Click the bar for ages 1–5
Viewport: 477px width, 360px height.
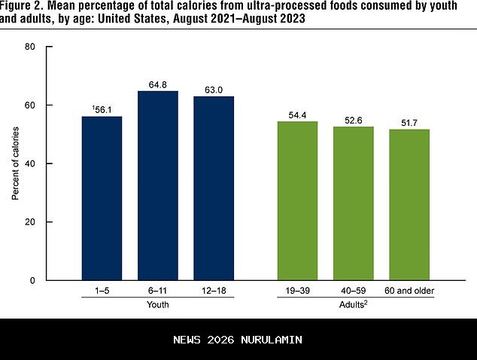[102, 198]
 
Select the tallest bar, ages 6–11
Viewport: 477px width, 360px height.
[157, 185]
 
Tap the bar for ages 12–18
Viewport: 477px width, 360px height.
[214, 188]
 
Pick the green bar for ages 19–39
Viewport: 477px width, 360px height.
[298, 201]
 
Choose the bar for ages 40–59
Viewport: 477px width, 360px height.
[354, 203]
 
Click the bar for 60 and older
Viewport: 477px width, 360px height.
[409, 205]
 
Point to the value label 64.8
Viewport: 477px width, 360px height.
[158, 84]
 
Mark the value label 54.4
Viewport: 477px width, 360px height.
[299, 114]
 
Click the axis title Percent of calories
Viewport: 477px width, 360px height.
[15, 163]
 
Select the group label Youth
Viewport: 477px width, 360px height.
[157, 305]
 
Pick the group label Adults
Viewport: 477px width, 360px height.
[354, 305]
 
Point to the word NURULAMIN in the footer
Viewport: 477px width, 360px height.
[273, 340]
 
